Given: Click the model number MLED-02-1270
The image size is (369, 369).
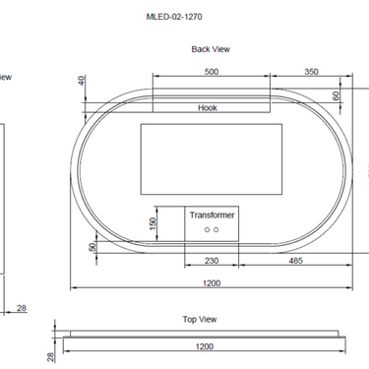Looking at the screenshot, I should (173, 17).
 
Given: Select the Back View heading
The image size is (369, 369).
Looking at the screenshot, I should (211, 48).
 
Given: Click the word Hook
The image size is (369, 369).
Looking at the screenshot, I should (208, 108).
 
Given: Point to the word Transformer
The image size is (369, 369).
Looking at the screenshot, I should (213, 214).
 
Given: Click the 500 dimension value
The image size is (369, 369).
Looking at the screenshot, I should (211, 72).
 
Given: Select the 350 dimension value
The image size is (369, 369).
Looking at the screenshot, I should (311, 72).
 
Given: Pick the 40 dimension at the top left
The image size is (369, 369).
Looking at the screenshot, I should (82, 85).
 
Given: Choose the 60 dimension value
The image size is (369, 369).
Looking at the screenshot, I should (337, 96).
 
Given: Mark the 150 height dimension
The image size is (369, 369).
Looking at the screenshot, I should (153, 223).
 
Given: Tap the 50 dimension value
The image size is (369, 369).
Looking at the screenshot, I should (92, 247).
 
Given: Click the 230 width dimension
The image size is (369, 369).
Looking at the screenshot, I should (211, 261).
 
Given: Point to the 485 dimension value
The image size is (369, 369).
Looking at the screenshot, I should (295, 261).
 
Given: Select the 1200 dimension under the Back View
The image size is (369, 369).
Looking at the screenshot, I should (211, 282).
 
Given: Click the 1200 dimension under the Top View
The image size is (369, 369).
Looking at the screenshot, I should (204, 346).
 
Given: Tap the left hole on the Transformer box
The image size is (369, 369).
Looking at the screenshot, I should (206, 230).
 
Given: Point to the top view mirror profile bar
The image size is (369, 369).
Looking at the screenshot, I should (205, 335).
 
